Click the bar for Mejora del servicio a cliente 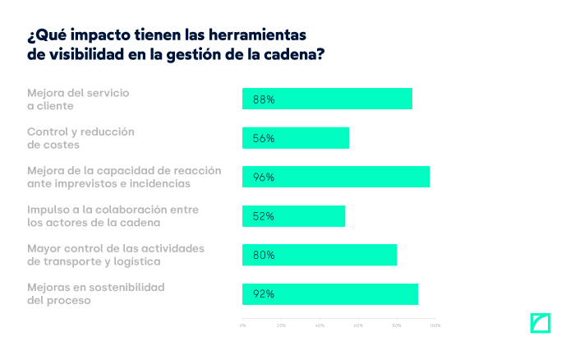click(327, 99)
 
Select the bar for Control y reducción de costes click(296, 138)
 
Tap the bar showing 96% click(336, 177)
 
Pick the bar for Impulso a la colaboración click(293, 216)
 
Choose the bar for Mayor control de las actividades click(320, 255)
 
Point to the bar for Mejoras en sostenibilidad click(330, 294)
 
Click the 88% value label click(264, 99)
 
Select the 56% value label click(264, 138)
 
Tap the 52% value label click(264, 216)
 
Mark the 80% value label click(264, 256)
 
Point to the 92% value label click(264, 294)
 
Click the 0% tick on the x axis click(242, 325)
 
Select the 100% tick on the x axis click(435, 325)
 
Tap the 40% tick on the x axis click(320, 325)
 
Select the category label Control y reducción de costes click(80, 138)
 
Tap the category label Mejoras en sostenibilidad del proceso click(96, 293)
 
